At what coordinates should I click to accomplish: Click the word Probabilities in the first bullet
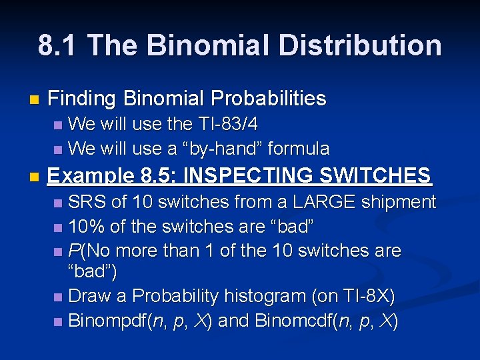click(x=269, y=99)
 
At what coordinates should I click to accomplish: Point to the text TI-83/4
click(x=227, y=124)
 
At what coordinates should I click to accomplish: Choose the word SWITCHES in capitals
click(x=375, y=176)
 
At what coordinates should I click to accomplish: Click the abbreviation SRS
click(x=86, y=202)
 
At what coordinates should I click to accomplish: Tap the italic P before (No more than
click(x=74, y=251)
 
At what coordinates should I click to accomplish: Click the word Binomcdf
click(x=278, y=321)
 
